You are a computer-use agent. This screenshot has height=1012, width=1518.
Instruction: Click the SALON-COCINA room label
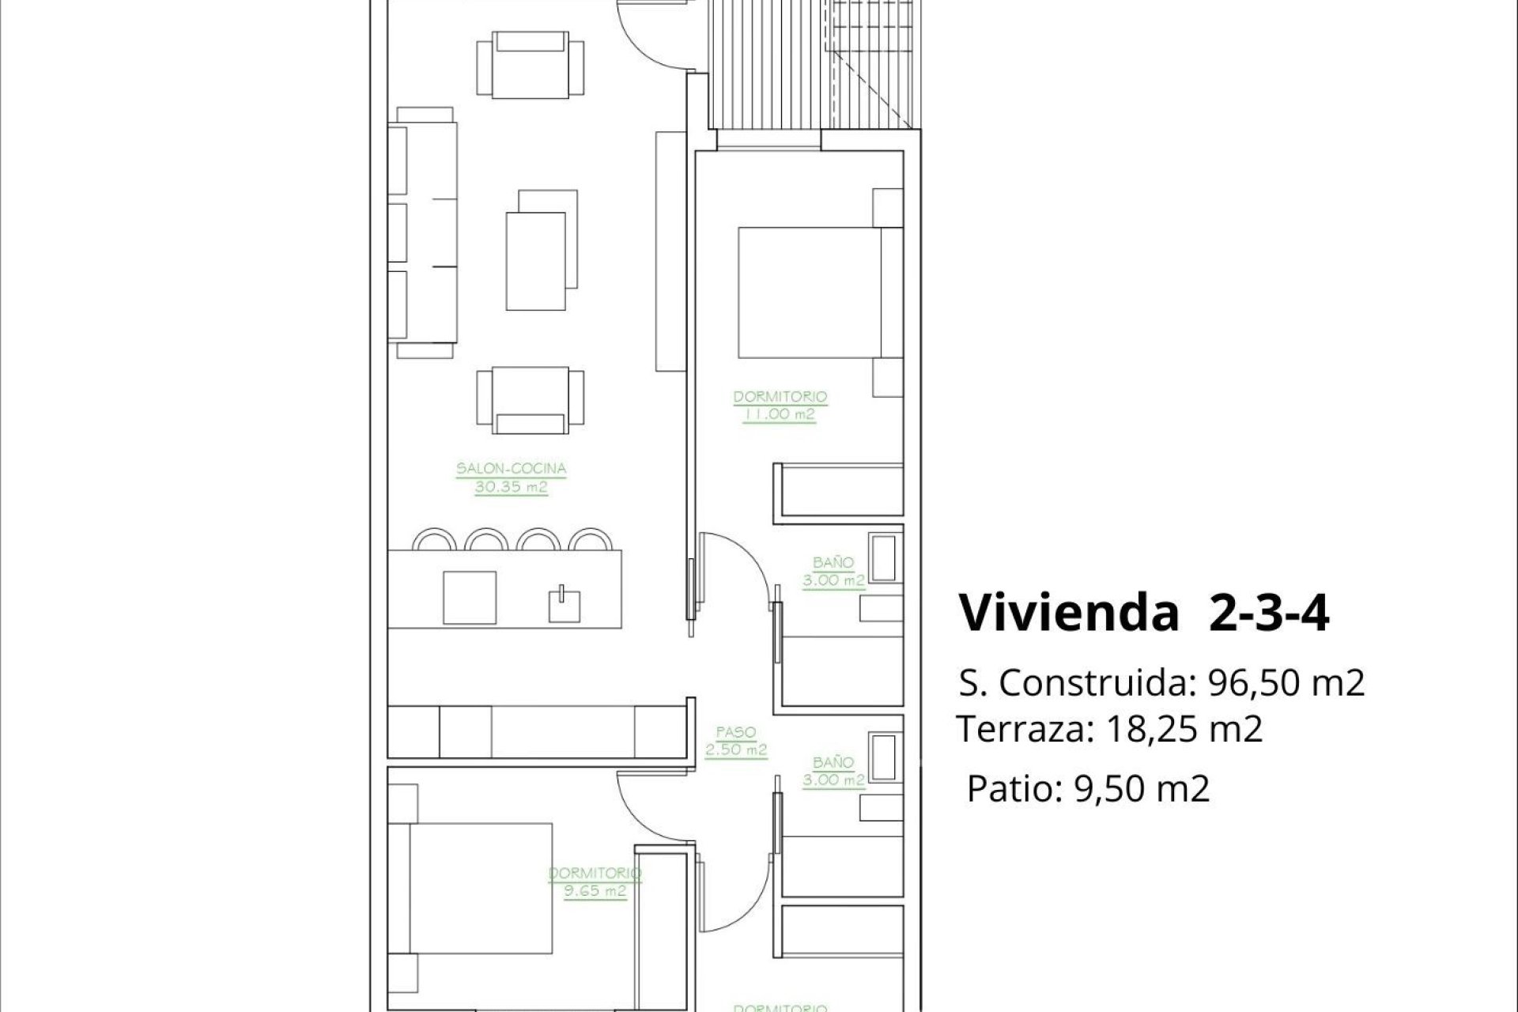511,468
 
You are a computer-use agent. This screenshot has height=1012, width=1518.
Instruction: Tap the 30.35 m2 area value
511,487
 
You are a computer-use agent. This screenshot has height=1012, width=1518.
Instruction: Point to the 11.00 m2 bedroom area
779,414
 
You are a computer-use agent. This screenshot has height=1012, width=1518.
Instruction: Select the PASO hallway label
736,732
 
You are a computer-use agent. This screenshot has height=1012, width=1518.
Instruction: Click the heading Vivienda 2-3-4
1143,614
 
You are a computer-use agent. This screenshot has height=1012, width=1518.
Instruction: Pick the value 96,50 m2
1286,683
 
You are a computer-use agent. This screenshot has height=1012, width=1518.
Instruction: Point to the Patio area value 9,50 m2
1142,788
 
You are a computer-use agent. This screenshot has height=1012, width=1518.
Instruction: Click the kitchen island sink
565,604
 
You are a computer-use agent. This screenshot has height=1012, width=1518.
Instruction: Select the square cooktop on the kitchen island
470,598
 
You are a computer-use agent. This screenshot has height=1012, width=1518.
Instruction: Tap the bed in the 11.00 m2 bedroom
810,293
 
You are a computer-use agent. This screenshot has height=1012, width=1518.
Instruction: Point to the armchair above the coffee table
531,65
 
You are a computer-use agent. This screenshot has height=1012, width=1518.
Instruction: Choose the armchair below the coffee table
531,400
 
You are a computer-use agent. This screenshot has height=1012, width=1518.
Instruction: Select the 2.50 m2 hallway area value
736,750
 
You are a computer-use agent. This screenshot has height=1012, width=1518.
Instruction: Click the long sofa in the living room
423,232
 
